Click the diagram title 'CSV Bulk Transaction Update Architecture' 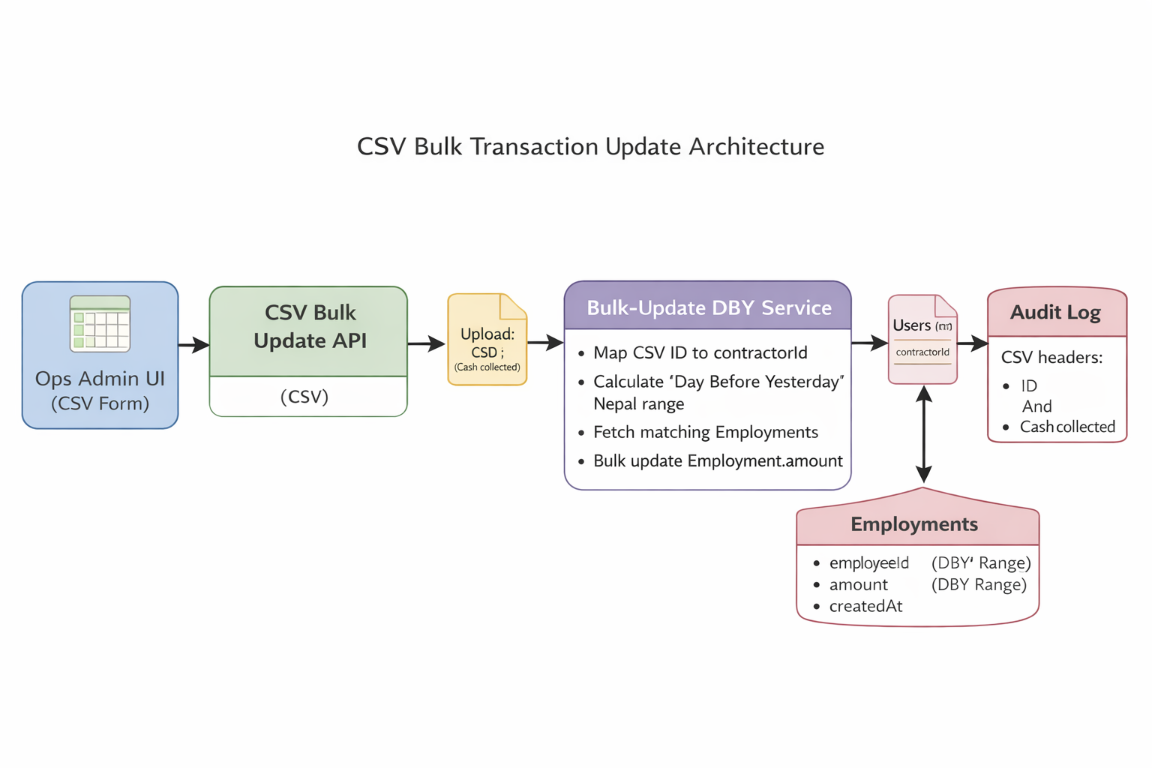click(x=590, y=146)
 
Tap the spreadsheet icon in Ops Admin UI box click(x=100, y=324)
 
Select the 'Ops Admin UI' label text click(x=100, y=379)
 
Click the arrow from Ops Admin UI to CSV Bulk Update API click(x=193, y=345)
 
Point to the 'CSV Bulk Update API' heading click(x=310, y=327)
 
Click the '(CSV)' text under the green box click(x=304, y=397)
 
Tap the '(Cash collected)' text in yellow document click(x=487, y=367)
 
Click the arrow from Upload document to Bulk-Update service click(x=545, y=343)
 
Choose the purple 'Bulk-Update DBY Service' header click(x=708, y=307)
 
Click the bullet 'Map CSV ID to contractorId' click(x=700, y=352)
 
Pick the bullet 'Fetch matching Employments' click(x=705, y=432)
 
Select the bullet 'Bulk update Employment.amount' click(x=718, y=460)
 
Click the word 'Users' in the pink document click(x=911, y=325)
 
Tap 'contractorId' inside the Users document click(x=922, y=352)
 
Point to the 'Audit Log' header click(x=1055, y=312)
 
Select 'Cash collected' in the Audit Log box click(x=1067, y=427)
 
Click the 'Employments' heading click(x=914, y=524)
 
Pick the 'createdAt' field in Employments click(x=865, y=606)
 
